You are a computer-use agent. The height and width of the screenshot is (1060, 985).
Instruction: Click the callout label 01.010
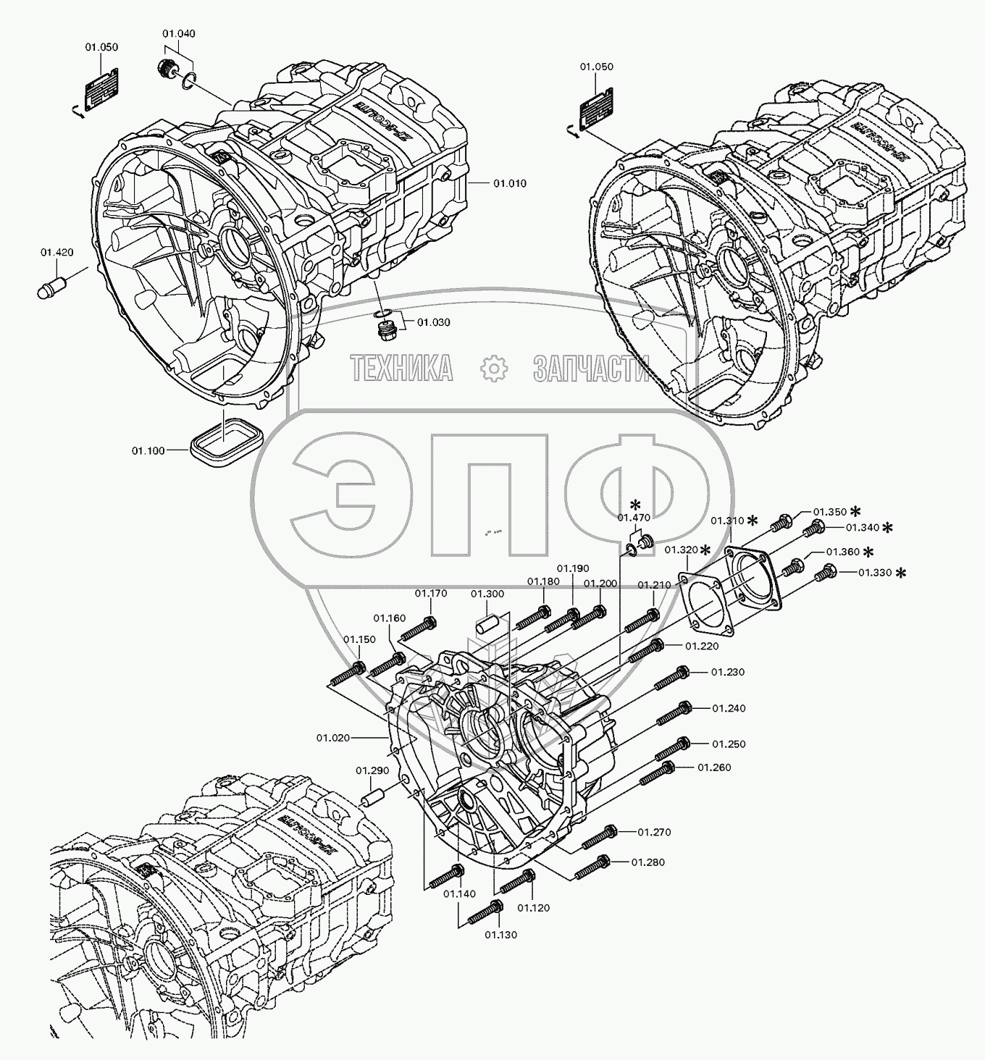click(510, 183)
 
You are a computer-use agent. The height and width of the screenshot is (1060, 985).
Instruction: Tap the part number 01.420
click(56, 252)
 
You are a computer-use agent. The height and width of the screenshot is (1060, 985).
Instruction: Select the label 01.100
click(148, 450)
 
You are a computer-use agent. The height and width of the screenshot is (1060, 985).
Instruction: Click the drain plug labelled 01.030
click(387, 331)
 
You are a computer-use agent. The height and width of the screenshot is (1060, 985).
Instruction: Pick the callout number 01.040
click(178, 33)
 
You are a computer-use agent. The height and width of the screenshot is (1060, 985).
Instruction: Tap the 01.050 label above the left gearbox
click(101, 47)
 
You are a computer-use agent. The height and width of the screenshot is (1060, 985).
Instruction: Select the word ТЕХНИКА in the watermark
click(402, 369)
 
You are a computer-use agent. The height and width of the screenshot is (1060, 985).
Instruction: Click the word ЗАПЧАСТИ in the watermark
click(591, 369)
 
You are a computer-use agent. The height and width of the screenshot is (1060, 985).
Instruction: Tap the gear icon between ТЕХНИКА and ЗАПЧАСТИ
click(494, 369)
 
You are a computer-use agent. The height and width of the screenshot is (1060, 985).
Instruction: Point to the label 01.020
click(332, 738)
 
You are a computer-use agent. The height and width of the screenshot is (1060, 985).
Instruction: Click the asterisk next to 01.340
click(886, 527)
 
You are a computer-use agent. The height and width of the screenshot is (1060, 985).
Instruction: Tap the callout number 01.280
click(647, 862)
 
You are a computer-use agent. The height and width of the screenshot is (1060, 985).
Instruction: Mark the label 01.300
click(487, 594)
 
